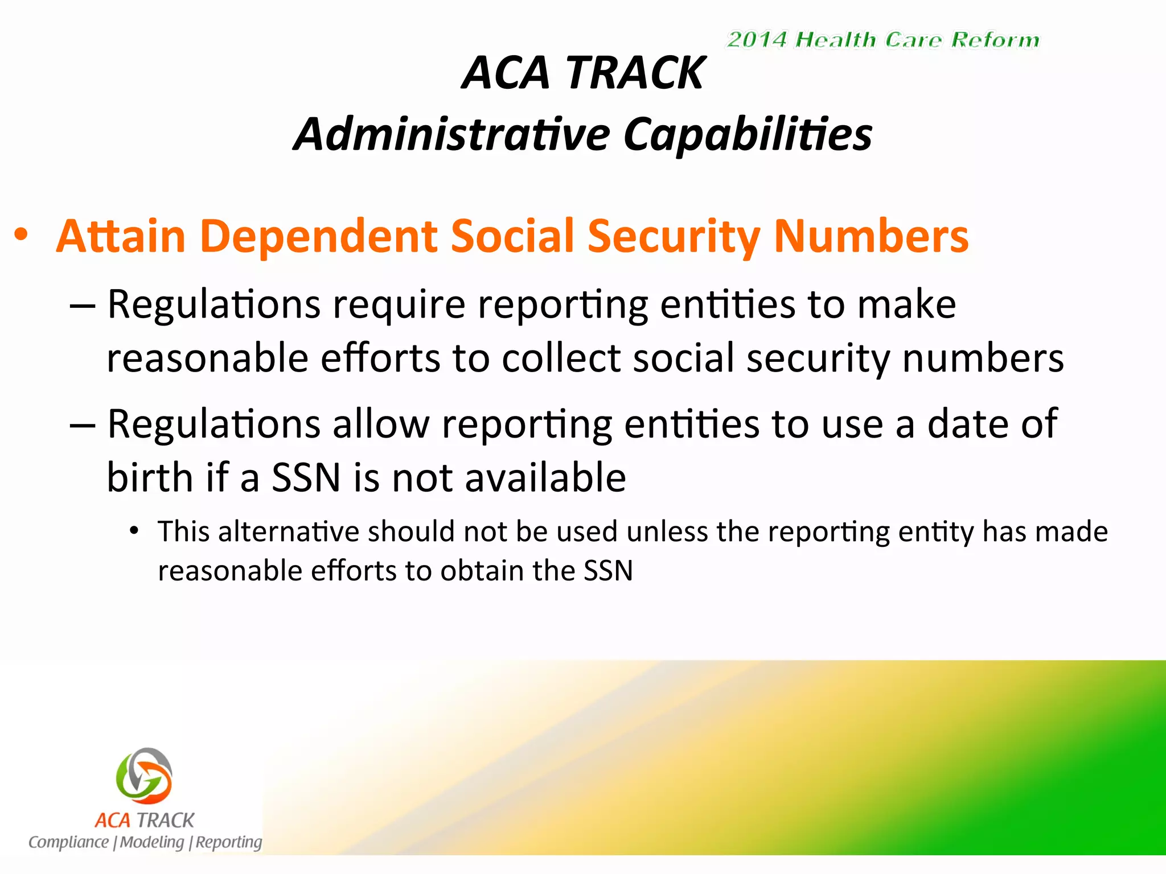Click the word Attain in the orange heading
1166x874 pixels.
[x=121, y=236]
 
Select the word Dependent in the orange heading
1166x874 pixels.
[x=319, y=236]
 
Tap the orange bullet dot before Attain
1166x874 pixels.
[x=21, y=235]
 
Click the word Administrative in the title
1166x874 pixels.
[x=452, y=134]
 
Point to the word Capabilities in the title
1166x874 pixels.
[x=748, y=134]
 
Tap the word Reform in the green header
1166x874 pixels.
[x=995, y=40]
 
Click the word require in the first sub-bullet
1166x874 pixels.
[x=399, y=305]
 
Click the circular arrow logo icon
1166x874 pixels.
[x=144, y=774]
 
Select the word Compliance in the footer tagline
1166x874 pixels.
[x=68, y=842]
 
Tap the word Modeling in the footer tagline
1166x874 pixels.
[x=152, y=842]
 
